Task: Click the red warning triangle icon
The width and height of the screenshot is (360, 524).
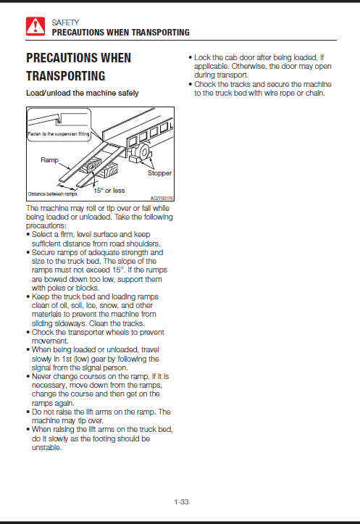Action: click(x=35, y=26)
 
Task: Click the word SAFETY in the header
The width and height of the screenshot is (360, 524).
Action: click(x=65, y=22)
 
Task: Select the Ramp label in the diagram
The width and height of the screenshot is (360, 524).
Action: click(x=49, y=160)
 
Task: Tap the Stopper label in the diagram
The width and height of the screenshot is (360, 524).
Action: click(x=159, y=173)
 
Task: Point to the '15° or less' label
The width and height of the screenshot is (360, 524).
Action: click(x=109, y=191)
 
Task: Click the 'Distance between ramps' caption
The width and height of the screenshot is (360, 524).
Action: click(x=52, y=194)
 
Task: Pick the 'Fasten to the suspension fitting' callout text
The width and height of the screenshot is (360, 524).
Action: click(x=59, y=134)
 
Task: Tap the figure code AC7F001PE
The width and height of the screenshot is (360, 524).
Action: click(x=162, y=199)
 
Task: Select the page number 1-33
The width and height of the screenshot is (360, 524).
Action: click(x=181, y=502)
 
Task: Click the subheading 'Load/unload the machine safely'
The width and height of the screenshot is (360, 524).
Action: click(x=82, y=93)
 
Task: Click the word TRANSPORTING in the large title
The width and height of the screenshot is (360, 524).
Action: click(x=66, y=76)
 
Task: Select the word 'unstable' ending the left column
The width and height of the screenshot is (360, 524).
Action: click(x=46, y=447)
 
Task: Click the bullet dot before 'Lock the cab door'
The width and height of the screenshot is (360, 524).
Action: click(x=190, y=57)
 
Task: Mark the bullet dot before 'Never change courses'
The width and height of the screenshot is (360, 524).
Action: click(x=28, y=377)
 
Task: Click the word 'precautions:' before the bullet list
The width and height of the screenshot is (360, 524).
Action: click(x=46, y=226)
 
